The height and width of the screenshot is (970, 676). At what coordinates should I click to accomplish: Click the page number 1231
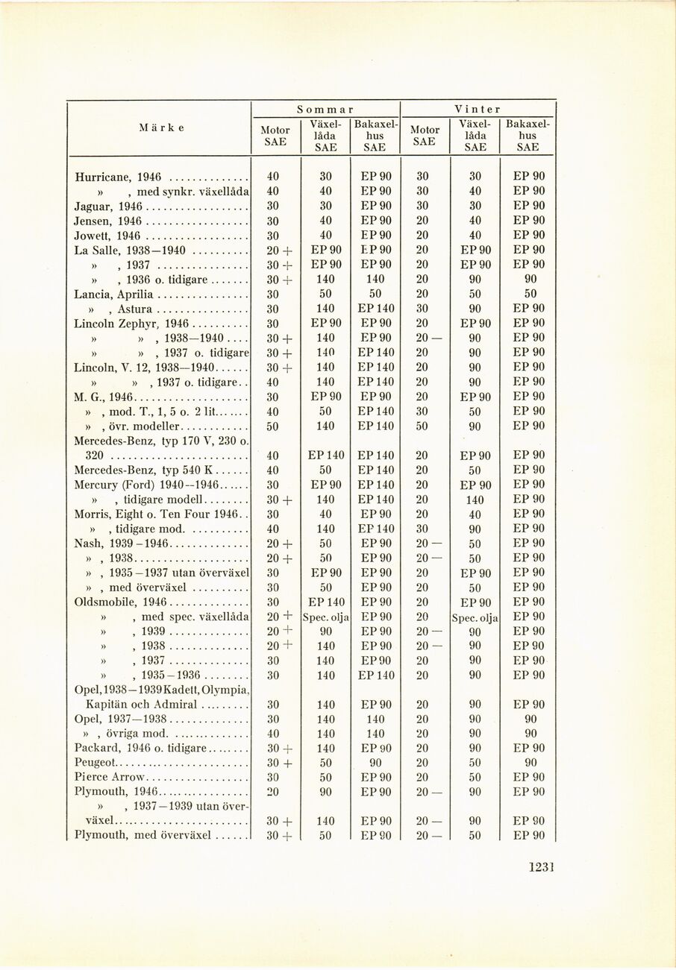(x=543, y=866)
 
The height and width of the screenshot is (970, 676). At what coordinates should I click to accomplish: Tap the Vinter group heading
(x=478, y=109)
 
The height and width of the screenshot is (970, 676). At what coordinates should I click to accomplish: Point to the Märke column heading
(x=161, y=127)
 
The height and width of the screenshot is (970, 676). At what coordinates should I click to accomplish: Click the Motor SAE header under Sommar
(x=275, y=136)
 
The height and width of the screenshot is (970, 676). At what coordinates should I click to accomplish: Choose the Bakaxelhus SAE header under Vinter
(x=528, y=135)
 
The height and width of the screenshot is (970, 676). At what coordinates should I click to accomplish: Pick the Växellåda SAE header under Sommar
(x=325, y=135)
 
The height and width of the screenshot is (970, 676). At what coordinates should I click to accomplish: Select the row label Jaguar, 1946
(x=108, y=206)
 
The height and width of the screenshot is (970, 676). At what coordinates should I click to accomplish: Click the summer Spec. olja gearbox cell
(x=325, y=617)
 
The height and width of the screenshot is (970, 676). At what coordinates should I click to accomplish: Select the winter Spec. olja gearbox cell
(x=475, y=617)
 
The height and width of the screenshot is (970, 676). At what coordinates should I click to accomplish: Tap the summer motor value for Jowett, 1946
(x=273, y=236)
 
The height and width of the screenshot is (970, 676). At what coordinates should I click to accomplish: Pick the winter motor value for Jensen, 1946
(x=422, y=221)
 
